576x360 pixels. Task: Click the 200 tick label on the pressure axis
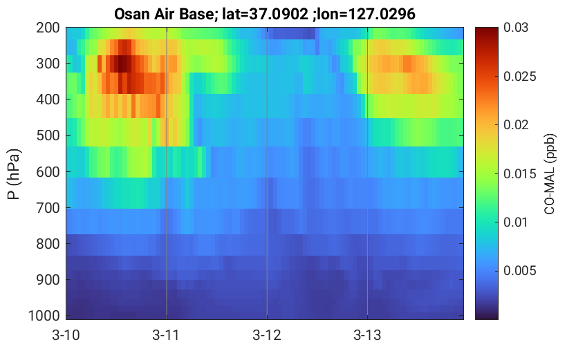point(48,28)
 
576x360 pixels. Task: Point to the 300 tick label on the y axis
point(48,64)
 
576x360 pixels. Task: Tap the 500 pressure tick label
point(48,135)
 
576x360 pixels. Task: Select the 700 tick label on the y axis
point(48,208)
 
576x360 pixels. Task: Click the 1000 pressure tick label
point(44,316)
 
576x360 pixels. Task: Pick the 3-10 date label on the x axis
point(66,335)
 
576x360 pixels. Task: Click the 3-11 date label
point(166,335)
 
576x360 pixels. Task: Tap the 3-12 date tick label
point(267,335)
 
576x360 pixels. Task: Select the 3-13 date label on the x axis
point(367,335)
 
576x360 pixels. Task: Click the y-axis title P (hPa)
point(14,174)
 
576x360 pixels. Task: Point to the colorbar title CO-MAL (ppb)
point(550,174)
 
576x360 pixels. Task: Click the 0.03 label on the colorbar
point(516,28)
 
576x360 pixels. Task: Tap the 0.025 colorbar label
point(520,76)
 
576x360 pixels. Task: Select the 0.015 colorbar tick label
point(520,173)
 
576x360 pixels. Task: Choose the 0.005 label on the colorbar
point(520,271)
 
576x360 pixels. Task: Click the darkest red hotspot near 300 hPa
point(122,64)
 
